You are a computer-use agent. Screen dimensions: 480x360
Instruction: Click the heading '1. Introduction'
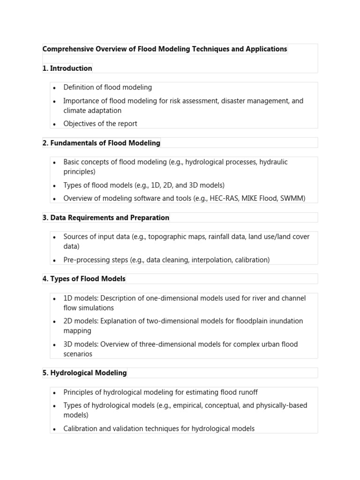coord(67,68)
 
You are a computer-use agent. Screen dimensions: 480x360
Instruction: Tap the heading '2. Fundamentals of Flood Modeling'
coord(101,143)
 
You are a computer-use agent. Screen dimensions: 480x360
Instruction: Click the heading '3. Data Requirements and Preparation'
coord(106,218)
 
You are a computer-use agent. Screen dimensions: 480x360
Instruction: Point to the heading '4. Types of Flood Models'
coord(84,279)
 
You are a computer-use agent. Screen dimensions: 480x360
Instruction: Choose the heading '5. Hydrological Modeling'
coord(84,373)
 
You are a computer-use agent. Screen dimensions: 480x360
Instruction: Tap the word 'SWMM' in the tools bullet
coord(292,198)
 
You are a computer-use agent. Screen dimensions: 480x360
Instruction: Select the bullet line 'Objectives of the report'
coord(100,124)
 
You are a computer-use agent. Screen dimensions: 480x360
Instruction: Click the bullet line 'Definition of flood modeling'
coord(108,87)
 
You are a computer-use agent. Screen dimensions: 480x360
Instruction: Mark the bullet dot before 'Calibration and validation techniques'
coord(54,429)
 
